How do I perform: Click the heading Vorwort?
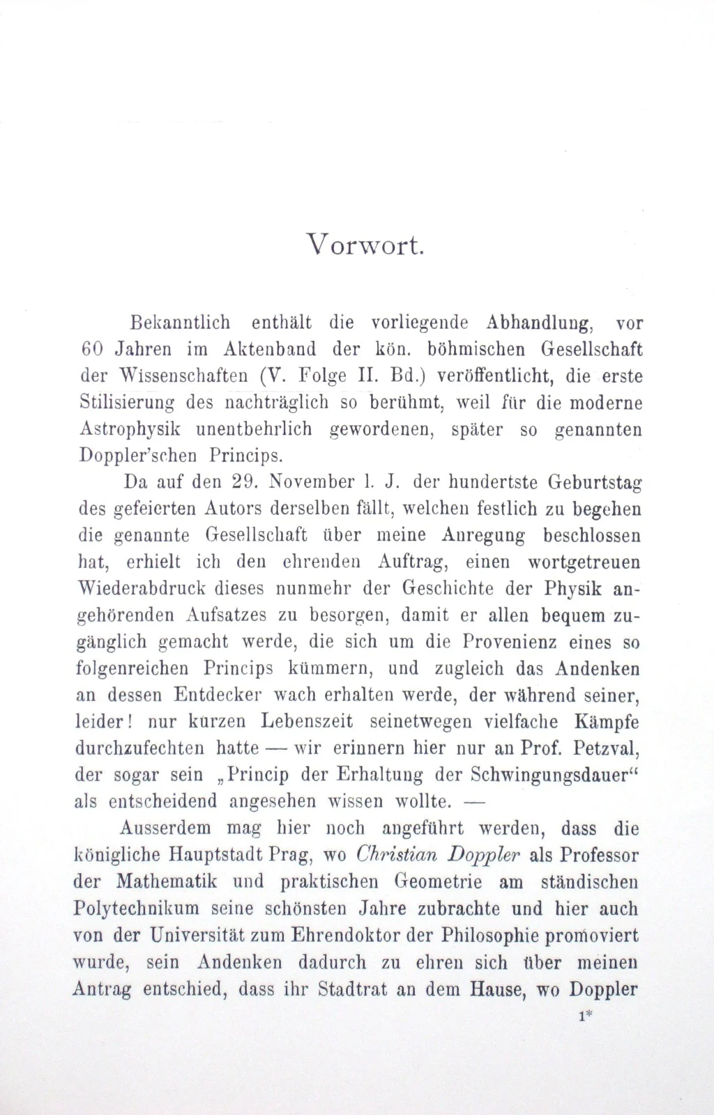coord(365,245)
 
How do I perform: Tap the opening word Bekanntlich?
coord(181,323)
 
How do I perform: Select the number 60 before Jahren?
coord(87,349)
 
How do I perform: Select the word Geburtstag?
coord(594,482)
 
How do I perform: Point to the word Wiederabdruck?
coord(141,589)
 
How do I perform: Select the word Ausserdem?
coord(165,829)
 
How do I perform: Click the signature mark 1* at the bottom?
coord(585,1016)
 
